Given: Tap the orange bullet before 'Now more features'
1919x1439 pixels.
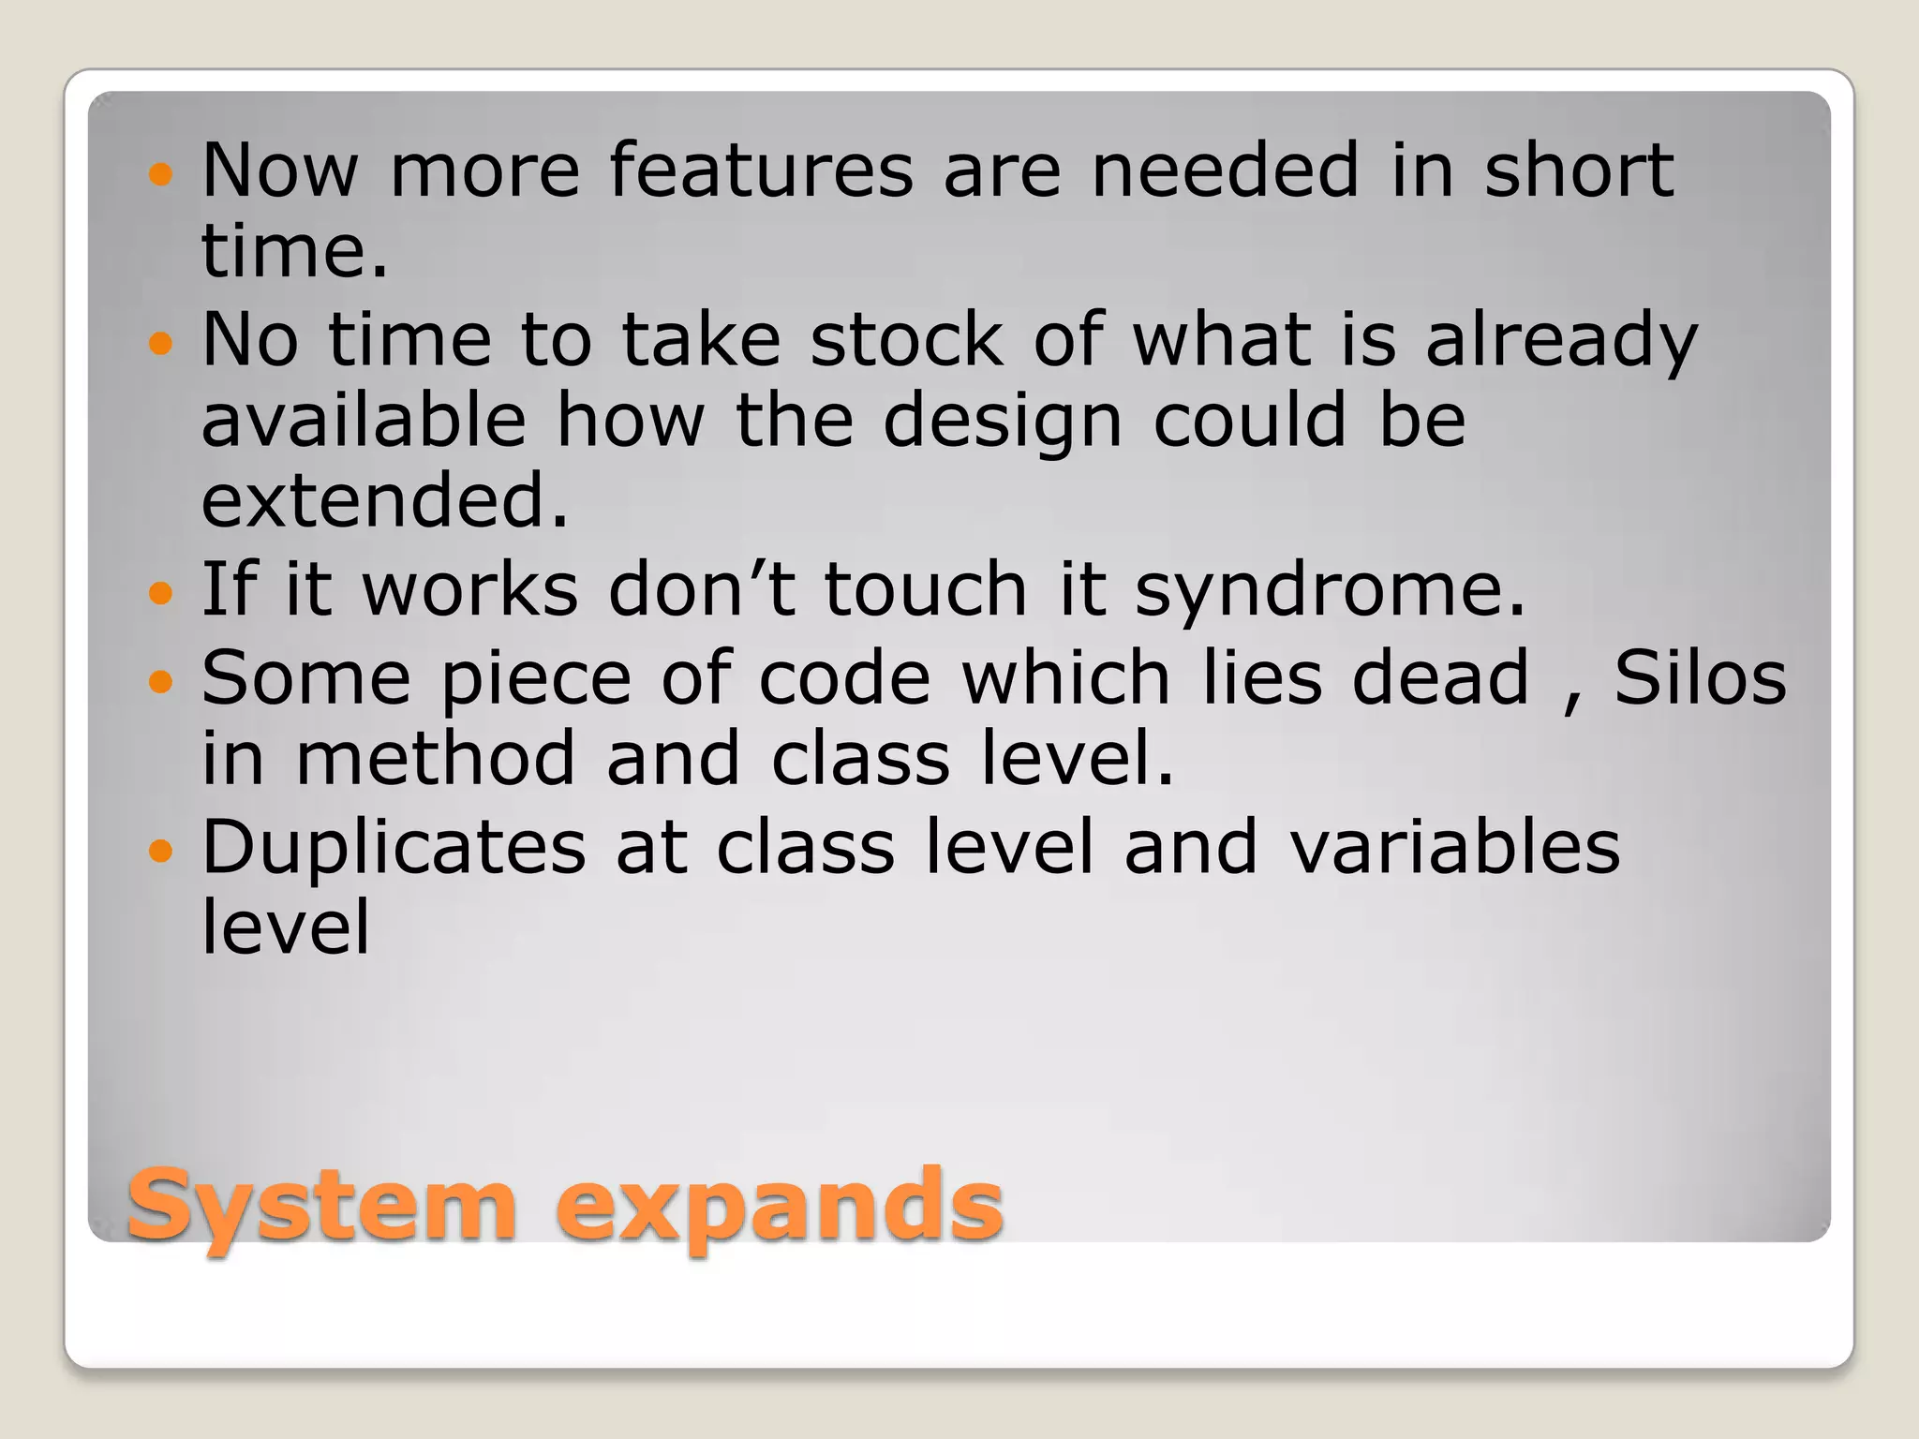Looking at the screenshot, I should tap(161, 174).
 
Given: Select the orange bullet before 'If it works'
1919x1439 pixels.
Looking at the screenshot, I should tap(161, 593).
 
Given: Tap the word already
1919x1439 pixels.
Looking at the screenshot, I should tap(1561, 343).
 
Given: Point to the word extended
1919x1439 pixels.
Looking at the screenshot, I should tap(385, 500).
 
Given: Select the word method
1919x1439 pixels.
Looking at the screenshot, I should tap(435, 759).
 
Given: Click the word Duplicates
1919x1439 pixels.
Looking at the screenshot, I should tap(394, 849).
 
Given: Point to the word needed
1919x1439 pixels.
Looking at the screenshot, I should tap(1225, 171).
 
